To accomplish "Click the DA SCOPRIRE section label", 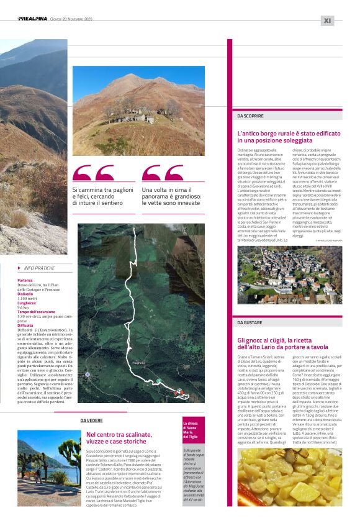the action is (250, 116).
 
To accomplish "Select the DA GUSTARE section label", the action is (250, 322).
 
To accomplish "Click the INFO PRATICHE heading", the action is (39, 268).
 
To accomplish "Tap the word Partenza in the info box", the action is (25, 281).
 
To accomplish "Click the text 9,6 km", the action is (24, 307).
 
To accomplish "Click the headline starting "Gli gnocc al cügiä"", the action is (282, 343).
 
